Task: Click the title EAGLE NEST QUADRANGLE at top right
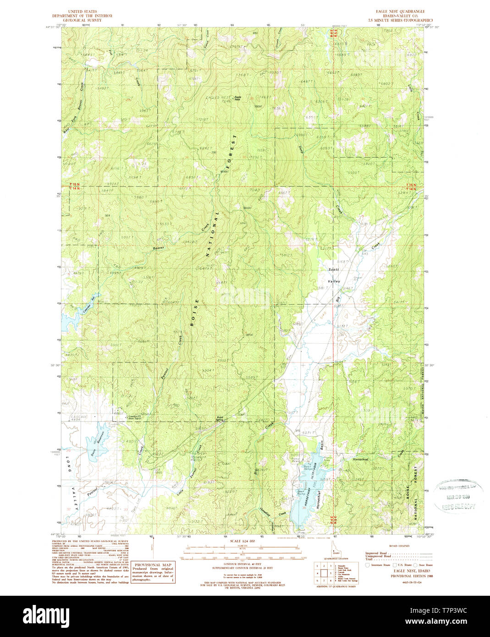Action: (x=393, y=11)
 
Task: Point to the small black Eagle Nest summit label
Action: (x=237, y=98)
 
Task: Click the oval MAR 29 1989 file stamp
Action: (x=456, y=497)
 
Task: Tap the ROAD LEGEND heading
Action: (x=400, y=547)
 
